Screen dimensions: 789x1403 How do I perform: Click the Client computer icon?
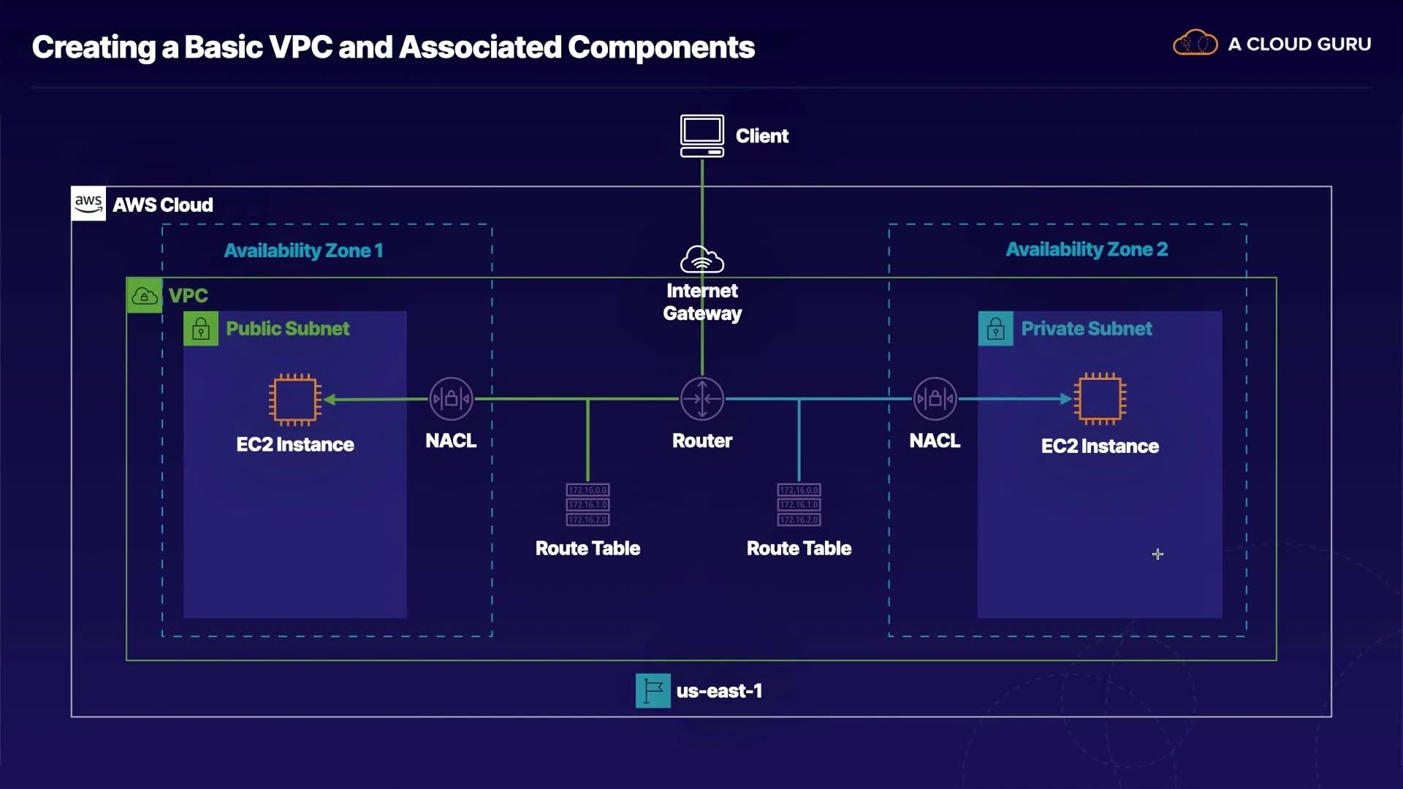point(701,135)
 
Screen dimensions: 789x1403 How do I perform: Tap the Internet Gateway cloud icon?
point(701,259)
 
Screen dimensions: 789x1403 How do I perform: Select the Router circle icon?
point(701,399)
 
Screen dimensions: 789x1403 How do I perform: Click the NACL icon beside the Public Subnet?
point(451,399)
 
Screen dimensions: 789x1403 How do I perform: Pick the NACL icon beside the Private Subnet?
point(935,399)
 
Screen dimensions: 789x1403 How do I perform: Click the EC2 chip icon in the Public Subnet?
point(295,399)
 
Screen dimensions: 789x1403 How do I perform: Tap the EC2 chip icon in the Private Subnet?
point(1100,399)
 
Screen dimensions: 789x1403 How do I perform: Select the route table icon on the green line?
point(588,504)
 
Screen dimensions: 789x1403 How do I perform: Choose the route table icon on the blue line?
point(799,504)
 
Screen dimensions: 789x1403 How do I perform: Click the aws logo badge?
point(88,204)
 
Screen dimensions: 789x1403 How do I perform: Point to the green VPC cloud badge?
point(144,295)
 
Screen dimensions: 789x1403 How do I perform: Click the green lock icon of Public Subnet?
point(201,329)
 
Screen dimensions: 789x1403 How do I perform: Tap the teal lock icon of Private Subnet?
point(995,329)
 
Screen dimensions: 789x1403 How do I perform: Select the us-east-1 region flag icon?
point(653,690)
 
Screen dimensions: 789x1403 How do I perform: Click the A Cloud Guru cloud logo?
point(1195,43)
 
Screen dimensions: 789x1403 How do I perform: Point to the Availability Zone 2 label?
point(1087,249)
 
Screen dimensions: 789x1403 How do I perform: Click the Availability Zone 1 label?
point(303,251)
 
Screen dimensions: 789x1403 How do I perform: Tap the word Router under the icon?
point(701,441)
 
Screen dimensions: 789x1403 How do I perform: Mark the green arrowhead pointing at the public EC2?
point(330,399)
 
